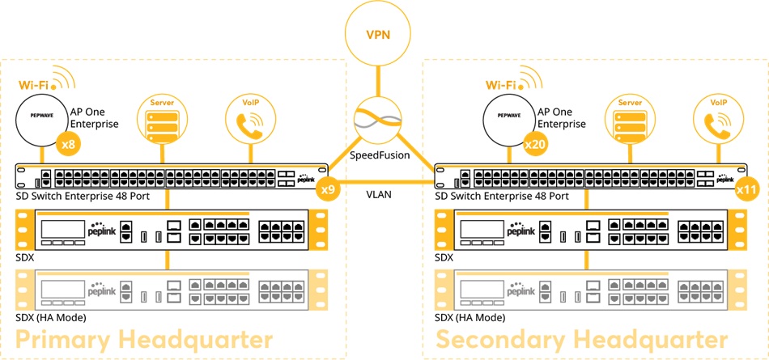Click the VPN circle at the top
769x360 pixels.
[x=378, y=36]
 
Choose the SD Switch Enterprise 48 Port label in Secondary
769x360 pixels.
[x=501, y=196]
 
